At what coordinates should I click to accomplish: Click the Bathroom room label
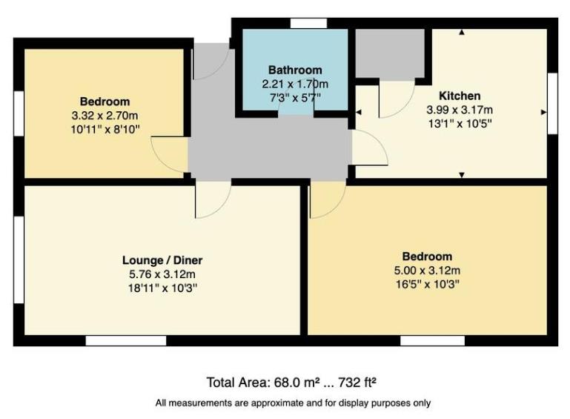[295, 70]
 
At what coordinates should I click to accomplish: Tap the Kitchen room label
[460, 96]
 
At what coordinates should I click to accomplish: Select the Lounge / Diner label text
[162, 260]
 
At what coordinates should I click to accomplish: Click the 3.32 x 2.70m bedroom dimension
[105, 116]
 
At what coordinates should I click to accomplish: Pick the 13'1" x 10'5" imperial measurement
[460, 123]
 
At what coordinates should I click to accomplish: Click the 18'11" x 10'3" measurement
[162, 287]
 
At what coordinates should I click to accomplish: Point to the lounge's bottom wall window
[125, 340]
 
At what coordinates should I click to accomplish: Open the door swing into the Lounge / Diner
[213, 200]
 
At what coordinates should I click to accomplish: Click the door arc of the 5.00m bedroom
[327, 201]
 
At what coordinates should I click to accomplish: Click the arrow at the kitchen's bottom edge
[462, 175]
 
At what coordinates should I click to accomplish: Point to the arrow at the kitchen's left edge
[358, 112]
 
